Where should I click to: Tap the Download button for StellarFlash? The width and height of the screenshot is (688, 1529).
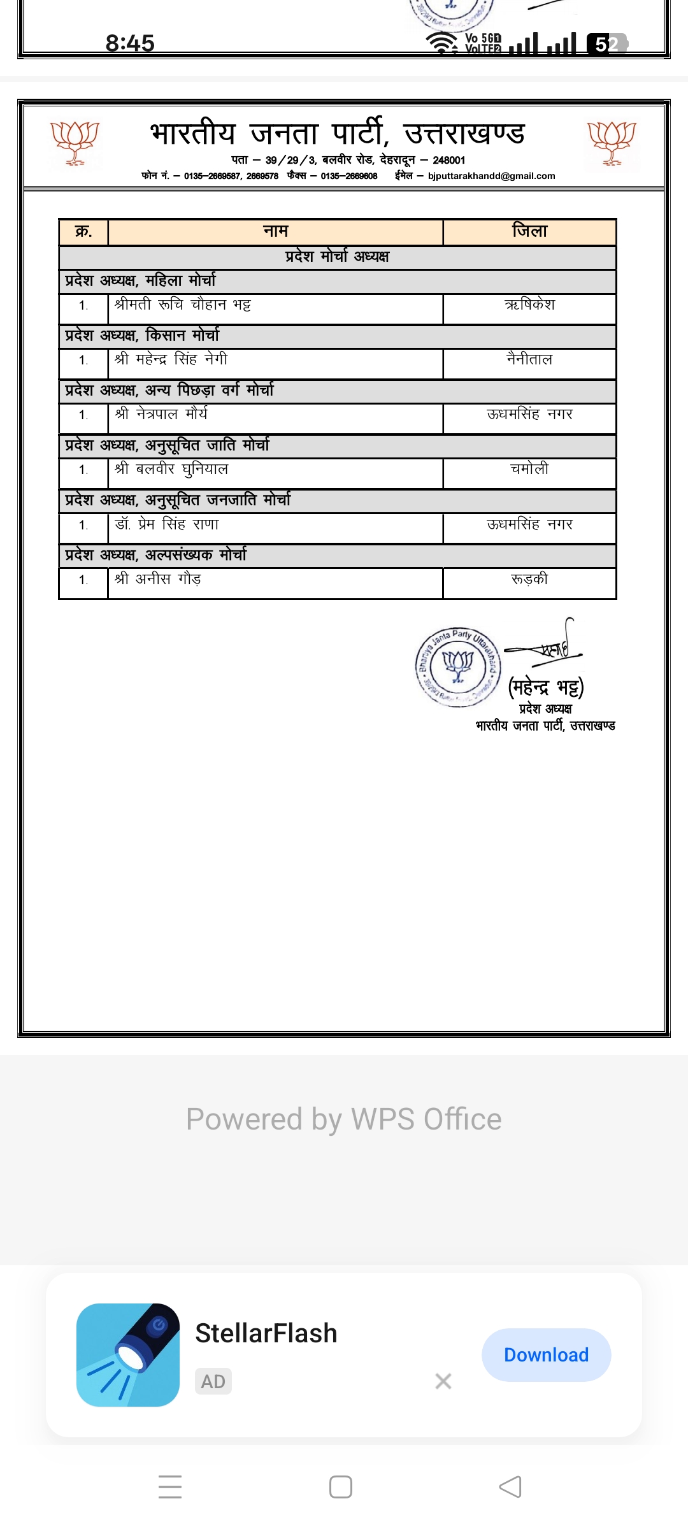tap(546, 1354)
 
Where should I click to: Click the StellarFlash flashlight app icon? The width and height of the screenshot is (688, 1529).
tap(128, 1354)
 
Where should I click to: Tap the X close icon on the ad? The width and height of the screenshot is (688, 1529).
tap(443, 1381)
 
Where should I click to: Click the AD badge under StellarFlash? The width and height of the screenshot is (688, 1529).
tap(213, 1381)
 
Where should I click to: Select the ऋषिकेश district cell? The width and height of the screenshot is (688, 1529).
tap(529, 305)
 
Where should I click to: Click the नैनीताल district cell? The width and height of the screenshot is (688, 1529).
tap(529, 360)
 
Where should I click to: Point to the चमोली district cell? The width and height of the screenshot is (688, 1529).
tap(529, 470)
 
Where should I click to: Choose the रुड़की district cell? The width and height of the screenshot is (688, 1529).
tap(529, 580)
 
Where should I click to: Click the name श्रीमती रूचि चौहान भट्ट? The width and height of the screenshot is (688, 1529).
tap(183, 305)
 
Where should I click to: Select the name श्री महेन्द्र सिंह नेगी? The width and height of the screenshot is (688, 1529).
tap(171, 360)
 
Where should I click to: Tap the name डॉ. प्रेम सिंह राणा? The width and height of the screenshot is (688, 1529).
tap(167, 525)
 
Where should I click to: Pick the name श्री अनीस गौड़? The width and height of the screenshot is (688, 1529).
tap(158, 580)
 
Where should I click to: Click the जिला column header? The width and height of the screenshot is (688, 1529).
tap(529, 231)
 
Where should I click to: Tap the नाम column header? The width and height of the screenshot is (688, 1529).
tap(276, 231)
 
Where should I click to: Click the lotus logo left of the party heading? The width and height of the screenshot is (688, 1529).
tap(75, 143)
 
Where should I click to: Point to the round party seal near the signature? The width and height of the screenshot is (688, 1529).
tap(458, 666)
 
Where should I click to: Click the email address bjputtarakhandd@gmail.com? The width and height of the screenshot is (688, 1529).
tap(491, 176)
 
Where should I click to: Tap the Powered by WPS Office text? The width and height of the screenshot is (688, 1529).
tap(344, 1119)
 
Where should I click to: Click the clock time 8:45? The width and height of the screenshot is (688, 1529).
tap(130, 43)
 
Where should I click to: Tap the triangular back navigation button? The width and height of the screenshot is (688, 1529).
tap(510, 1487)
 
